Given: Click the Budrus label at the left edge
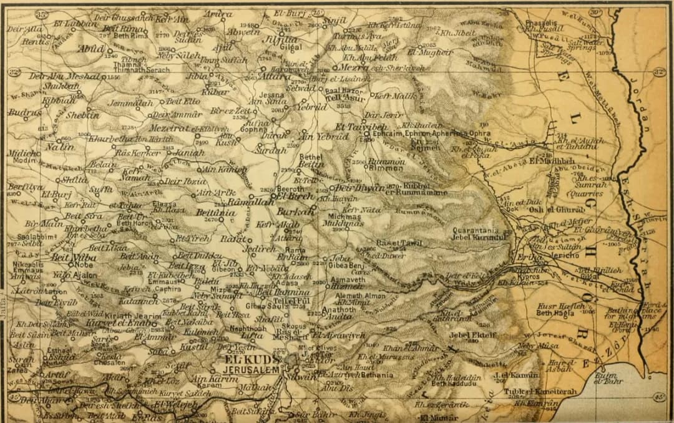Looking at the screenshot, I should (24, 112).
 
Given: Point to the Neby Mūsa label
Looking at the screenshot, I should (531, 345).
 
